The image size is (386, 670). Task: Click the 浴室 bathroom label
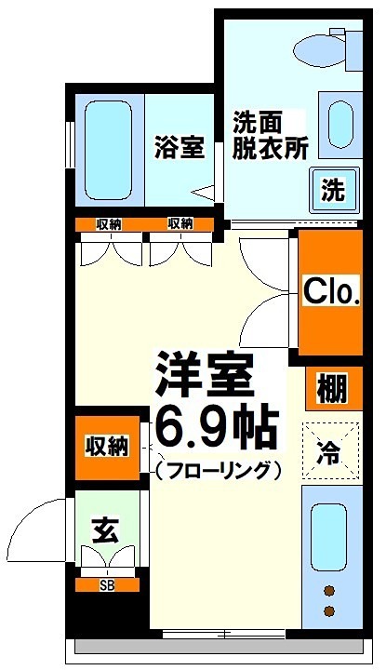[x=179, y=148]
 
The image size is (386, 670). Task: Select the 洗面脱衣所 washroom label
[x=269, y=136]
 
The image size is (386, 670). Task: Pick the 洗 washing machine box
[x=333, y=190]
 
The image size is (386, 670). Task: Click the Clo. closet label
[x=331, y=293]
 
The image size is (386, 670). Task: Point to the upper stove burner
[x=328, y=589]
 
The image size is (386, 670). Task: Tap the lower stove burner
[x=328, y=610]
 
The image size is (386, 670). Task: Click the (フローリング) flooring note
[x=218, y=470]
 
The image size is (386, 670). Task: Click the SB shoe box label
[x=108, y=585]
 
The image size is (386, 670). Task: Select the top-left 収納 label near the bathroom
[x=108, y=223]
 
